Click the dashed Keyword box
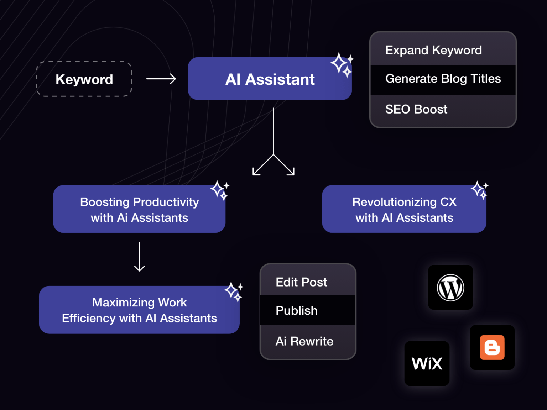pyautogui.click(x=84, y=79)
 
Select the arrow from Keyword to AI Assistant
pyautogui.click(x=161, y=79)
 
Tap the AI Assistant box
pyautogui.click(x=270, y=79)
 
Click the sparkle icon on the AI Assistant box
pyautogui.click(x=342, y=65)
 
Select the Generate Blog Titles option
pyautogui.click(x=443, y=79)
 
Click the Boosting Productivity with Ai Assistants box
pyautogui.click(x=139, y=209)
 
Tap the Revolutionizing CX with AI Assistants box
pyautogui.click(x=404, y=209)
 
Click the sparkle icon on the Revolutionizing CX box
pyautogui.click(x=479, y=190)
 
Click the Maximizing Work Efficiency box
pyautogui.click(x=139, y=310)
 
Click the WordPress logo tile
pyautogui.click(x=450, y=288)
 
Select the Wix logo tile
pyautogui.click(x=427, y=363)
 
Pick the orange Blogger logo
pyautogui.click(x=492, y=347)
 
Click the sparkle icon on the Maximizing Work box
pyautogui.click(x=234, y=291)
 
